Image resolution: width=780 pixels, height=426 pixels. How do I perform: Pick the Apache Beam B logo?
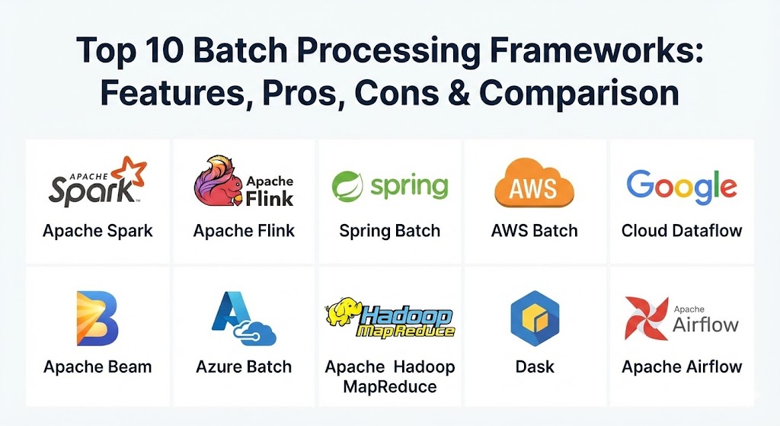point(97,317)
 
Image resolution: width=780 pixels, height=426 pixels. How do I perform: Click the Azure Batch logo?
point(243,319)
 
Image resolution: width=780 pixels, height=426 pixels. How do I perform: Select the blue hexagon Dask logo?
point(535,319)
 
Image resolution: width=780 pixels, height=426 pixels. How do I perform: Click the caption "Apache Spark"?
point(97,230)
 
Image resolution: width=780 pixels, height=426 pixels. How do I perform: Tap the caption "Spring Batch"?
point(389,230)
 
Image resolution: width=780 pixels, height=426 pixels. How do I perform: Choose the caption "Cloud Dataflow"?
point(682,230)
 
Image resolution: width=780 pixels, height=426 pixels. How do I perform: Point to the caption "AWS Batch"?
point(534,230)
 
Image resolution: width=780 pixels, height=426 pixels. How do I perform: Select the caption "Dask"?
point(535,367)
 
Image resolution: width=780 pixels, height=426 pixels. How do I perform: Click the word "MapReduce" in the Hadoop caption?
point(390,386)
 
